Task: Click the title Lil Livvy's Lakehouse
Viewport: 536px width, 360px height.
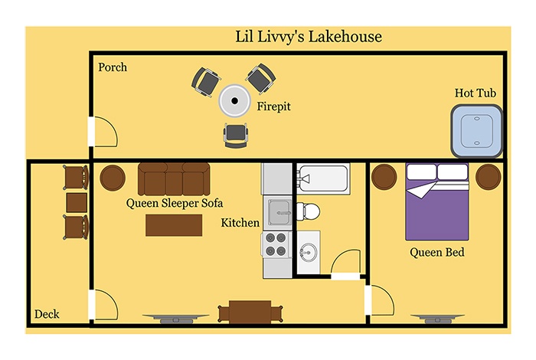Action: pyautogui.click(x=309, y=37)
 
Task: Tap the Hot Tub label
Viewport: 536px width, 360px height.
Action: pyautogui.click(x=476, y=93)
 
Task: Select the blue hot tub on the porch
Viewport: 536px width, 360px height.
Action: pyautogui.click(x=477, y=131)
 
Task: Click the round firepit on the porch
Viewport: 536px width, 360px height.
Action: pyautogui.click(x=234, y=100)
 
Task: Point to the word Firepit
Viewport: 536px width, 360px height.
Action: pyautogui.click(x=273, y=106)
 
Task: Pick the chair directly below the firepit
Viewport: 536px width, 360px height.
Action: pyautogui.click(x=236, y=135)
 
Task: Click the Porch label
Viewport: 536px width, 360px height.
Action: pyautogui.click(x=113, y=67)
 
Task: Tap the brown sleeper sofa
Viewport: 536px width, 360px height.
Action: pyautogui.click(x=174, y=178)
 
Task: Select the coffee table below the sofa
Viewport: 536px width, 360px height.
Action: pyautogui.click(x=174, y=225)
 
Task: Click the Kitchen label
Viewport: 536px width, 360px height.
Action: pyautogui.click(x=240, y=223)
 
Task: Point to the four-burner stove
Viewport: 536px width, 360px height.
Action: pyautogui.click(x=276, y=244)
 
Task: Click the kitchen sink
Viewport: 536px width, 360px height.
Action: pyautogui.click(x=279, y=213)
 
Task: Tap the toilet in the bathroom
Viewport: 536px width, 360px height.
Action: pyautogui.click(x=308, y=211)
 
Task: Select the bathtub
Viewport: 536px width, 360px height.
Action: pyautogui.click(x=323, y=178)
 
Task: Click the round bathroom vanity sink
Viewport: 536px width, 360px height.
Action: pyautogui.click(x=309, y=252)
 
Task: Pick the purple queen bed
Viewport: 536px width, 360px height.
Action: pyautogui.click(x=437, y=201)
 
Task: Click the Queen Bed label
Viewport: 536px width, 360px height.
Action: pyautogui.click(x=437, y=252)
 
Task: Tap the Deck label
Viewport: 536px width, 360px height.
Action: pyautogui.click(x=47, y=314)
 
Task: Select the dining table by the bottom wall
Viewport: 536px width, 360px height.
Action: pyautogui.click(x=250, y=312)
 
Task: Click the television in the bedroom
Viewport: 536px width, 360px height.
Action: pyautogui.click(x=437, y=319)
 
